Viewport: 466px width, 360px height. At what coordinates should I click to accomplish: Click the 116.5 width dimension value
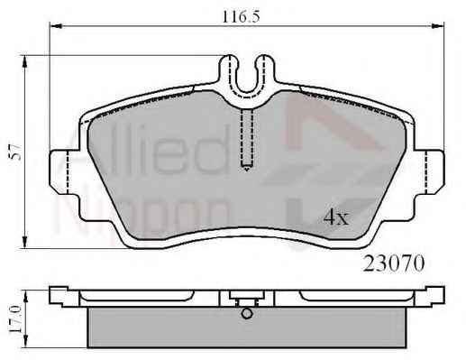tap(241, 16)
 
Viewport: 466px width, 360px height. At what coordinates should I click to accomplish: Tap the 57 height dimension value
tap(15, 152)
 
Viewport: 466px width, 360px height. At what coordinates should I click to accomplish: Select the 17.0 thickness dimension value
tap(14, 318)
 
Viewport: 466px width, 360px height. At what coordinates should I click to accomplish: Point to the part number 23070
tap(394, 263)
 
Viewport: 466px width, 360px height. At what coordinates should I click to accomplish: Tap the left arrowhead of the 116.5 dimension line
tap(56, 26)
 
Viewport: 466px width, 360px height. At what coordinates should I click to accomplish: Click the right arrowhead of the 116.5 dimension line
tap(438, 26)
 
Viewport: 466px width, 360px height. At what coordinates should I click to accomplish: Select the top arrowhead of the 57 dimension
tap(24, 61)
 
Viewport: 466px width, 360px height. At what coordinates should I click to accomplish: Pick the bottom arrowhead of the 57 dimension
tap(24, 242)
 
